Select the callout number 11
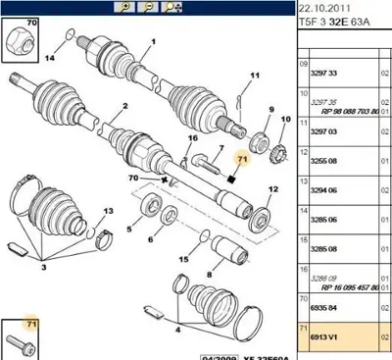pyautogui.click(x=252, y=77)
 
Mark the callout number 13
pyautogui.click(x=110, y=212)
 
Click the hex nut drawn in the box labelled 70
pyautogui.click(x=19, y=40)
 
